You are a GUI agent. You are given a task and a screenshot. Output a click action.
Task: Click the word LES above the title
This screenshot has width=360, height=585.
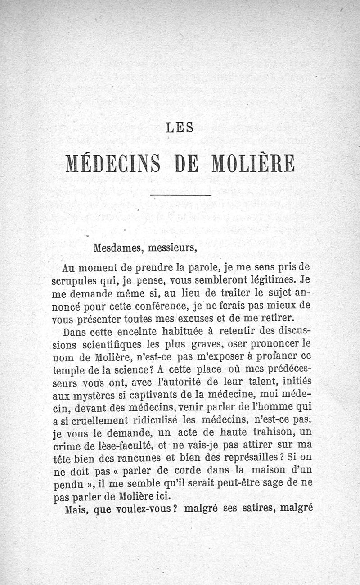[180, 127]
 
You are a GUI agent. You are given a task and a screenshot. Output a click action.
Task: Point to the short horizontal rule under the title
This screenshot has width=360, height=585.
[180, 195]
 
